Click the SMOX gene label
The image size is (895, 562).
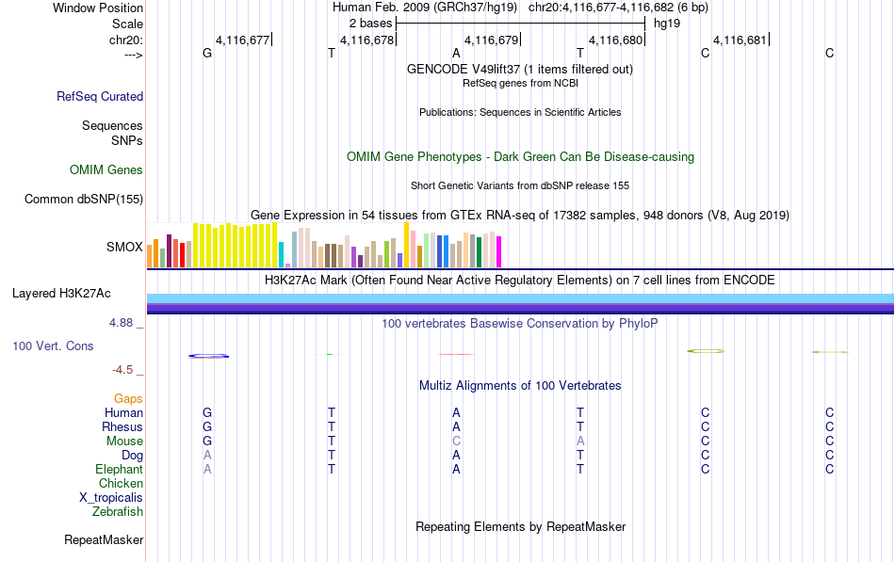click(x=124, y=247)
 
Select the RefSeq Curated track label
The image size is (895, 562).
click(x=100, y=96)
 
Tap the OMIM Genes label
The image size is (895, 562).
click(x=106, y=170)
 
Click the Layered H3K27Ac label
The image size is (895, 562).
click(x=61, y=294)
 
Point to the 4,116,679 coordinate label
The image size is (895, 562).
click(x=492, y=40)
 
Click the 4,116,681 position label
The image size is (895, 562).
click(x=740, y=40)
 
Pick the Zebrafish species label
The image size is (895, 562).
click(x=118, y=512)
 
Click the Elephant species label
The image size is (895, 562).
click(x=120, y=469)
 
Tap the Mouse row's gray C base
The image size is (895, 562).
click(x=456, y=442)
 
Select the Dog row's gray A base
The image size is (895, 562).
click(x=207, y=456)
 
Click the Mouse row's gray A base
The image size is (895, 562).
click(x=580, y=442)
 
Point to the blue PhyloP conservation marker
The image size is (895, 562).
click(x=209, y=356)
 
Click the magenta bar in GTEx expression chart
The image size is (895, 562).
click(x=499, y=251)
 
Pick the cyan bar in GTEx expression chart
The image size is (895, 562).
click(x=282, y=254)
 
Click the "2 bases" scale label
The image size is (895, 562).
click(x=371, y=24)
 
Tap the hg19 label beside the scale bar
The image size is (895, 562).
click(x=667, y=24)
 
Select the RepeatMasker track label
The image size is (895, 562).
click(x=104, y=539)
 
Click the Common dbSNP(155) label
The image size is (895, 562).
click(x=84, y=200)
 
